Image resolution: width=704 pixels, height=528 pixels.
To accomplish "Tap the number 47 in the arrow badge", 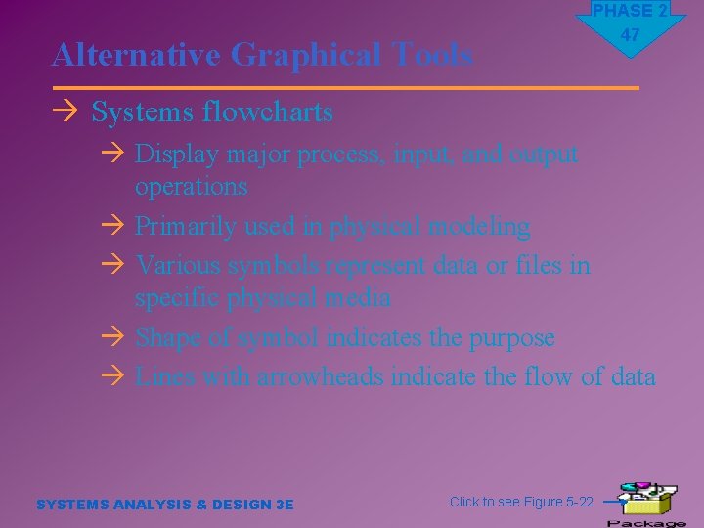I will tap(631, 35).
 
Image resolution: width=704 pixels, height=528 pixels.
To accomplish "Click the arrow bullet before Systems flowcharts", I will tap(66, 112).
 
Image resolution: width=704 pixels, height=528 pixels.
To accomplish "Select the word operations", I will tap(192, 186).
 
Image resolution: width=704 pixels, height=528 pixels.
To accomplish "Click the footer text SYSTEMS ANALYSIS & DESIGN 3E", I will tap(164, 505).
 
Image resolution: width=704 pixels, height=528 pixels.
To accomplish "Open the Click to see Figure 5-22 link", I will tap(521, 502).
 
